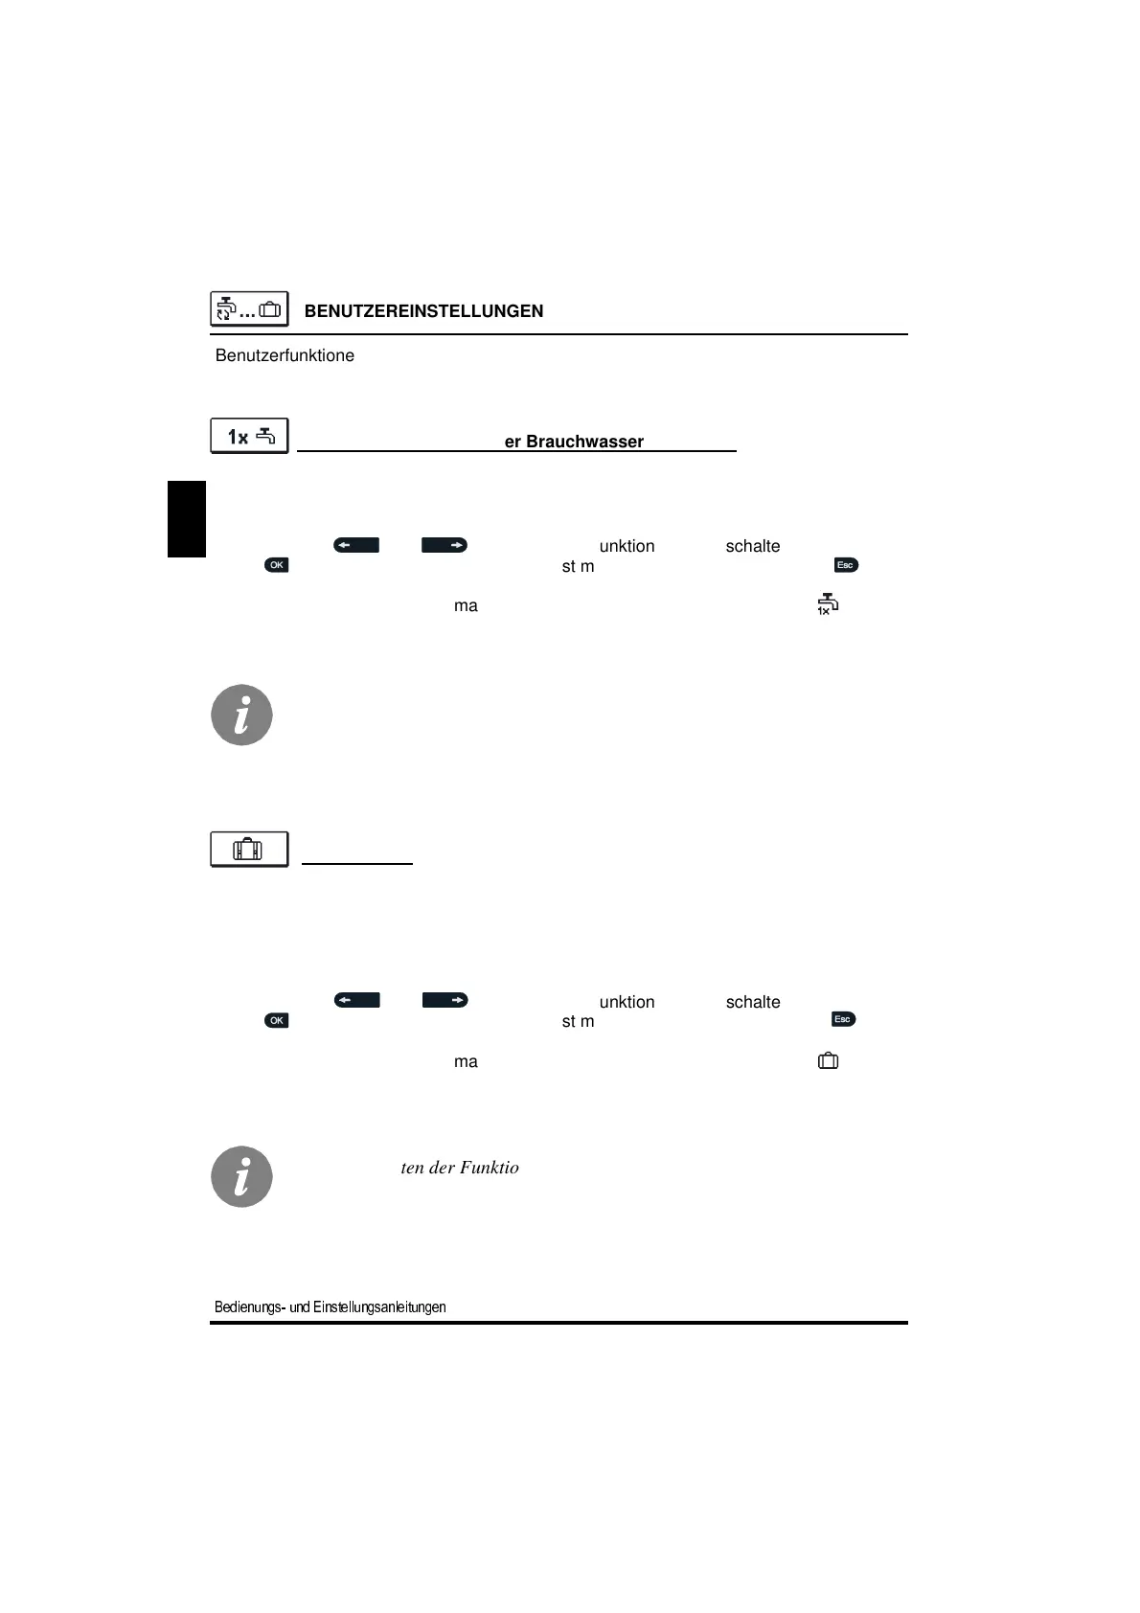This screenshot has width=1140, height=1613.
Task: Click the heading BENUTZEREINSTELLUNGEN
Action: point(423,311)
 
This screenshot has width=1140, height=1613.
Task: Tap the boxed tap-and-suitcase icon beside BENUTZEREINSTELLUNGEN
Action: point(249,309)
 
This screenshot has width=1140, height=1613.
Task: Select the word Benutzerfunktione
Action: point(285,355)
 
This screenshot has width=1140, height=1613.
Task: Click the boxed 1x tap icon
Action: point(249,436)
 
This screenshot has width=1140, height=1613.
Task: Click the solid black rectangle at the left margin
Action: point(187,518)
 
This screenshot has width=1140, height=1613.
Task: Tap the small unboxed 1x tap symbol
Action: point(827,604)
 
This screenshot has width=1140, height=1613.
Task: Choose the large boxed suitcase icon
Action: point(249,850)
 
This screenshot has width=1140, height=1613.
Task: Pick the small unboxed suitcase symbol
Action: point(828,1060)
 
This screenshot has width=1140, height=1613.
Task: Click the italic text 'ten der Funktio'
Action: point(460,1168)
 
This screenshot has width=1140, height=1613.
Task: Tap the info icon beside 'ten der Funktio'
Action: point(241,1176)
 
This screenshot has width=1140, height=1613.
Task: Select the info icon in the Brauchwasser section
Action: point(241,715)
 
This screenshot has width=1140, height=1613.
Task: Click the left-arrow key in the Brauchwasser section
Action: point(356,545)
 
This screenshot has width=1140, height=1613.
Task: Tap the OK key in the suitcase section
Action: point(276,1020)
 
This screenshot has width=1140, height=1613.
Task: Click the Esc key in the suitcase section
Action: point(843,1019)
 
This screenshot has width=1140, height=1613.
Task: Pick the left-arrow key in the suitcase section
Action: point(356,1000)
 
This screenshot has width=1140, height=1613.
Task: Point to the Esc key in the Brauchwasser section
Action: point(846,565)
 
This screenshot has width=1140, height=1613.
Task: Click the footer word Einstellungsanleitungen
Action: point(379,1307)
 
